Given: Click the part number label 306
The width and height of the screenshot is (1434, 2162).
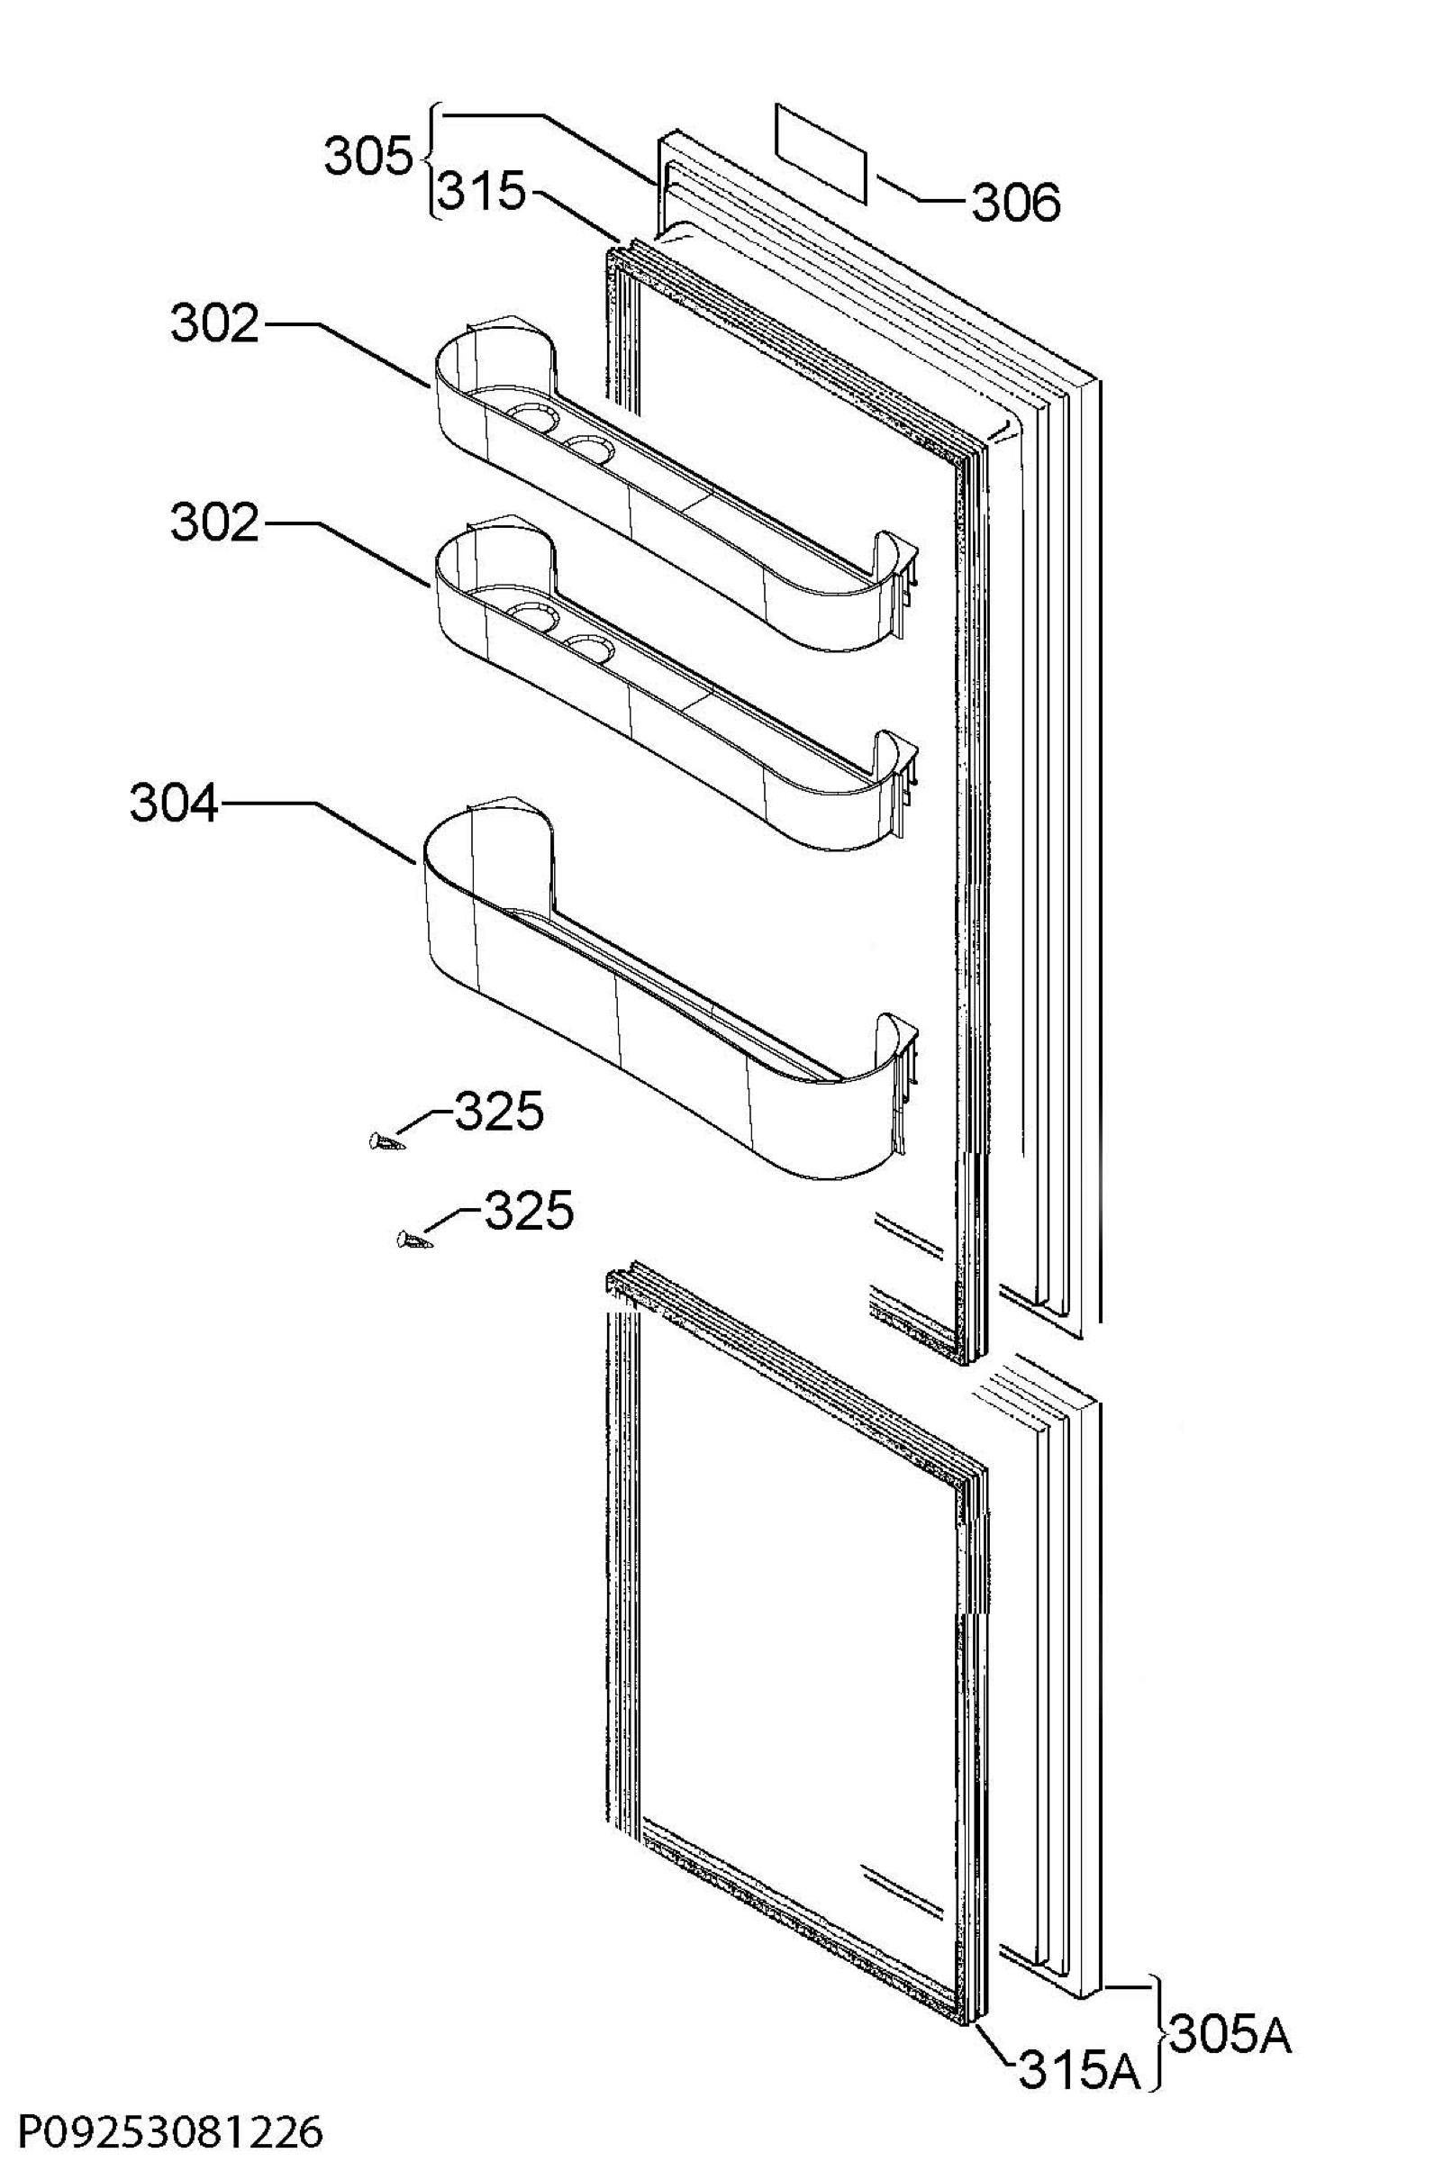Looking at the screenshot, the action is [x=1016, y=202].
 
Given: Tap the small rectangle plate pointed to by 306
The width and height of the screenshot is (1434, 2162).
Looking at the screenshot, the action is [x=821, y=152].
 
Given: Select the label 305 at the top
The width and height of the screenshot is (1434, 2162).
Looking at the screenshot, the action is [x=368, y=158].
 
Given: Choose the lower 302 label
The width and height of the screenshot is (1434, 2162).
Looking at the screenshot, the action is [x=215, y=523].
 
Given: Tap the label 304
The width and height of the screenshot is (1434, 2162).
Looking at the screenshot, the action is [x=174, y=804].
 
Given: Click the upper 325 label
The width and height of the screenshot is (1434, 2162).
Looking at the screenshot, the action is [x=499, y=1113].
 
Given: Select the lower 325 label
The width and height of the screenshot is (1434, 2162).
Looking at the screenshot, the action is [x=529, y=1211].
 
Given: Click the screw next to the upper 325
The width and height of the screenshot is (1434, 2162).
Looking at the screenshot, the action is [x=386, y=1141].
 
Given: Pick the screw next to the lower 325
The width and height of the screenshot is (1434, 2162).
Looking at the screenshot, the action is [x=413, y=1240].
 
